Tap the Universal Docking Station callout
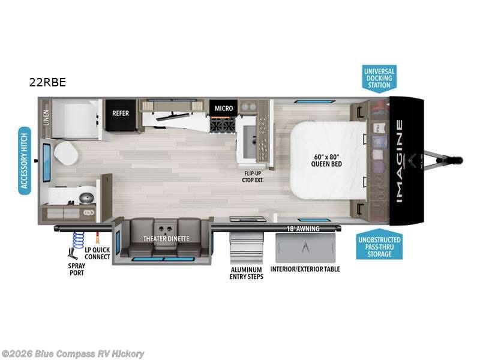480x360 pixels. [x=379, y=78]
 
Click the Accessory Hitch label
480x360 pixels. [x=25, y=160]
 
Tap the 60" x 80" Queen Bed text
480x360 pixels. [x=327, y=160]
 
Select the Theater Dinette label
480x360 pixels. [x=166, y=239]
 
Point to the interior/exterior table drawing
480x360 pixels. [x=305, y=247]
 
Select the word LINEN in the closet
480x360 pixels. [x=46, y=118]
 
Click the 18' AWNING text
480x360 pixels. [x=302, y=229]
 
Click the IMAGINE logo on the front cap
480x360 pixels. [x=399, y=160]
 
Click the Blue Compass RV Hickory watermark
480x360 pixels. [x=73, y=353]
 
